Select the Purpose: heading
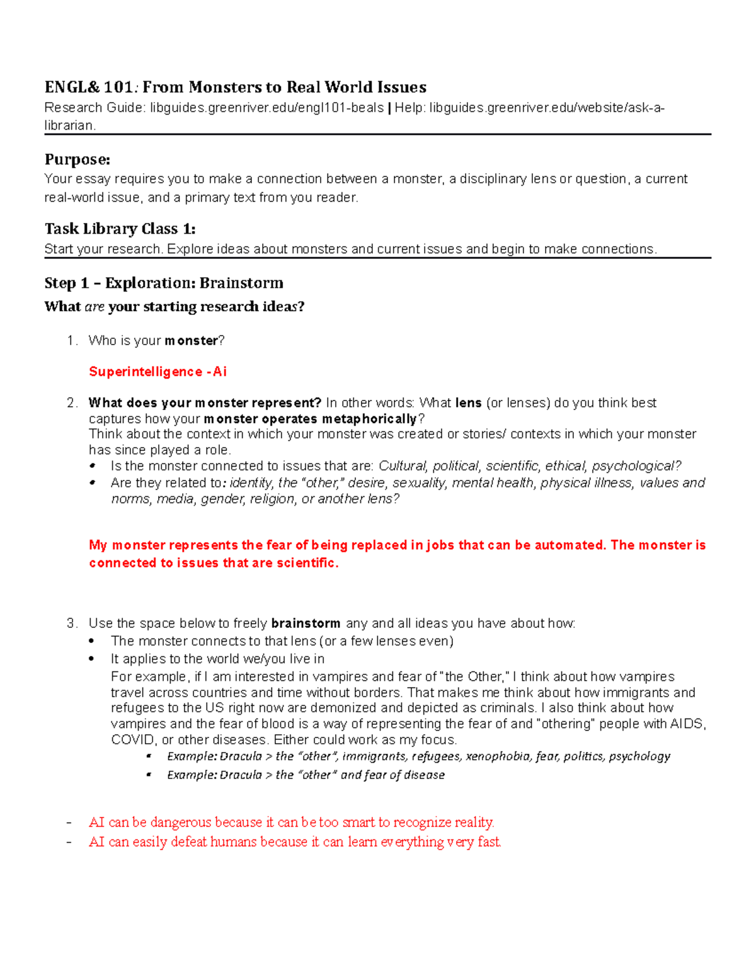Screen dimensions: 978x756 77,159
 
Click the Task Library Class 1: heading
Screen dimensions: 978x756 120,228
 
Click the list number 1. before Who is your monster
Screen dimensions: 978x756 72,341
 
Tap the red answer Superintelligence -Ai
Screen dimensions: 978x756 157,372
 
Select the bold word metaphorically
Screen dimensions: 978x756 370,419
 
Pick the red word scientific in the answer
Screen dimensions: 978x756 306,562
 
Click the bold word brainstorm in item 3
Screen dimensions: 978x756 306,623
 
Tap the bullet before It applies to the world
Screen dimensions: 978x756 92,659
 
